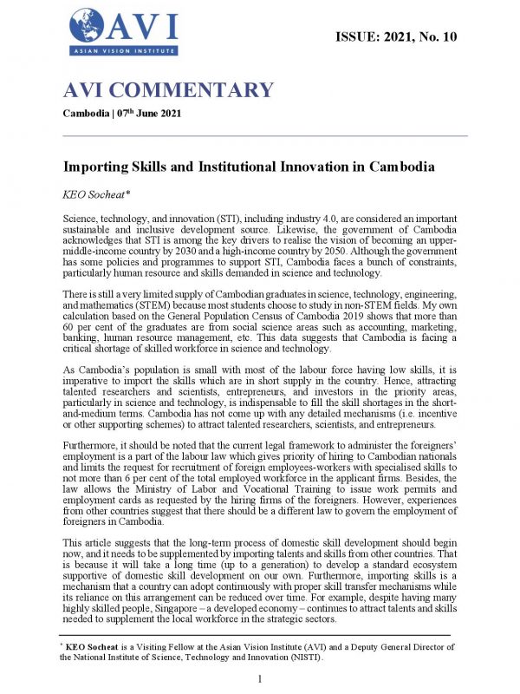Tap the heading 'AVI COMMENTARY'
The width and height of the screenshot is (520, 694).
168,90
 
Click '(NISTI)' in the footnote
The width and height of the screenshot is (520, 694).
321,657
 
